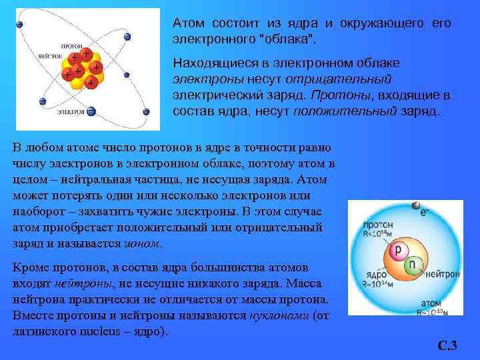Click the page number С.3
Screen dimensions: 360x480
447,345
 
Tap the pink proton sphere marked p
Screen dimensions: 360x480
398,251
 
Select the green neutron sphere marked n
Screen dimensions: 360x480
414,265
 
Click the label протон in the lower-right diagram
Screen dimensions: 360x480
378,225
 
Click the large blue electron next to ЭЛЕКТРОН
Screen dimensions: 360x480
91,111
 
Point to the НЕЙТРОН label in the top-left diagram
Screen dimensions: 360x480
51,56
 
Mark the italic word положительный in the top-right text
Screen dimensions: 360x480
345,111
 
